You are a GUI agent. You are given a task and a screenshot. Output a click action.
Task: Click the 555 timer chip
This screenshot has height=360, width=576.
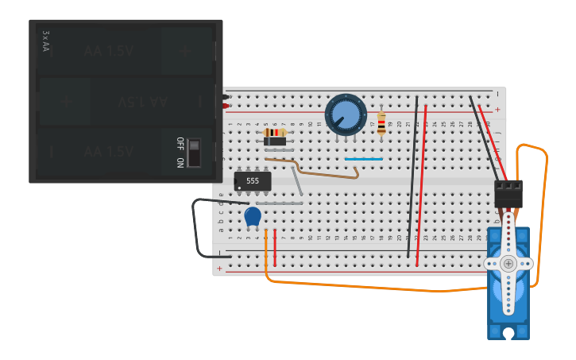click(253, 181)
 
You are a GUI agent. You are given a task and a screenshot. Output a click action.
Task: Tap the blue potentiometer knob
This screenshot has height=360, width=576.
click(346, 115)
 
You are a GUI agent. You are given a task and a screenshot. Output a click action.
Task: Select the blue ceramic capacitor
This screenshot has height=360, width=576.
click(253, 216)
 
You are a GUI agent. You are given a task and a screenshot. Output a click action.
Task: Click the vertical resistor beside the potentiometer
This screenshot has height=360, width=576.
click(381, 122)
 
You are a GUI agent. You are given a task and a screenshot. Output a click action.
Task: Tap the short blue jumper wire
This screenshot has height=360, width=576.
click(363, 159)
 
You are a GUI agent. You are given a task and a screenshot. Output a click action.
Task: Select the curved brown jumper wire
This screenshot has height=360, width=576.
click(318, 168)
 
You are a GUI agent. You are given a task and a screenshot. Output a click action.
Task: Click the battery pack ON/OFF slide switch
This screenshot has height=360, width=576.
click(193, 152)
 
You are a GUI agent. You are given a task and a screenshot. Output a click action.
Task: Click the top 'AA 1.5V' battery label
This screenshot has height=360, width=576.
click(109, 51)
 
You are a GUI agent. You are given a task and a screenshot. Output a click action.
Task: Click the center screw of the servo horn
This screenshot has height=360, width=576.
click(508, 263)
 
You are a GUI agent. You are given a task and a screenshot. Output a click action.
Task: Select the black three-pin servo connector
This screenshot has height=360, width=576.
click(508, 193)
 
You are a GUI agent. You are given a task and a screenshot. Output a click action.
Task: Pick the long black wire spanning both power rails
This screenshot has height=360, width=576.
click(412, 176)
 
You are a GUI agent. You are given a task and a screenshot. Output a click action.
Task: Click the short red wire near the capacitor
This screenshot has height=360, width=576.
click(275, 248)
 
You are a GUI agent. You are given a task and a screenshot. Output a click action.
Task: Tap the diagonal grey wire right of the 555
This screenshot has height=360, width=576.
click(297, 181)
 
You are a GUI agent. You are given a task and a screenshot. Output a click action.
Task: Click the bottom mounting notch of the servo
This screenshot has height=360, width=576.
click(508, 334)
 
